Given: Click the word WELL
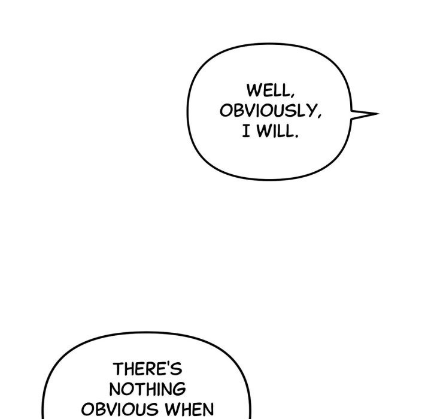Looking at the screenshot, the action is (268, 90).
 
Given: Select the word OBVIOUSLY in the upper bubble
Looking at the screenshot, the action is (268, 111).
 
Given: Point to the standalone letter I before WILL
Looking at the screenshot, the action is (246, 131).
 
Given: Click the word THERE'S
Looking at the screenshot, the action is (147, 369).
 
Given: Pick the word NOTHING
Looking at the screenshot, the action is (148, 388).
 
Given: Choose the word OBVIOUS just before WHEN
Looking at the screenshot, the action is (120, 409).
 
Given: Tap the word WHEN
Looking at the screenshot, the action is (189, 409).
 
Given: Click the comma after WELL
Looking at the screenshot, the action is (292, 95).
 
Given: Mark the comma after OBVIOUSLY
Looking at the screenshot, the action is (319, 116).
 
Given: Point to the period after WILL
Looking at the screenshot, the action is (296, 136).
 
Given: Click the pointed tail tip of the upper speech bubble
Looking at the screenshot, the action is (378, 113).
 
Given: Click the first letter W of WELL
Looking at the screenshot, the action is (253, 90).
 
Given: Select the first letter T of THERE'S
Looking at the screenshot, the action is (118, 369).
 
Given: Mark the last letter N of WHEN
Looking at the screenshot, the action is (208, 409).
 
